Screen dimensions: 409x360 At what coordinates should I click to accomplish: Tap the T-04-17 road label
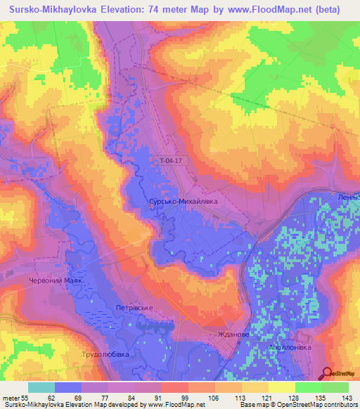point(172,160)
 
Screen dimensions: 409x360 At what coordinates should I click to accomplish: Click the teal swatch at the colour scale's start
point(41,387)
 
